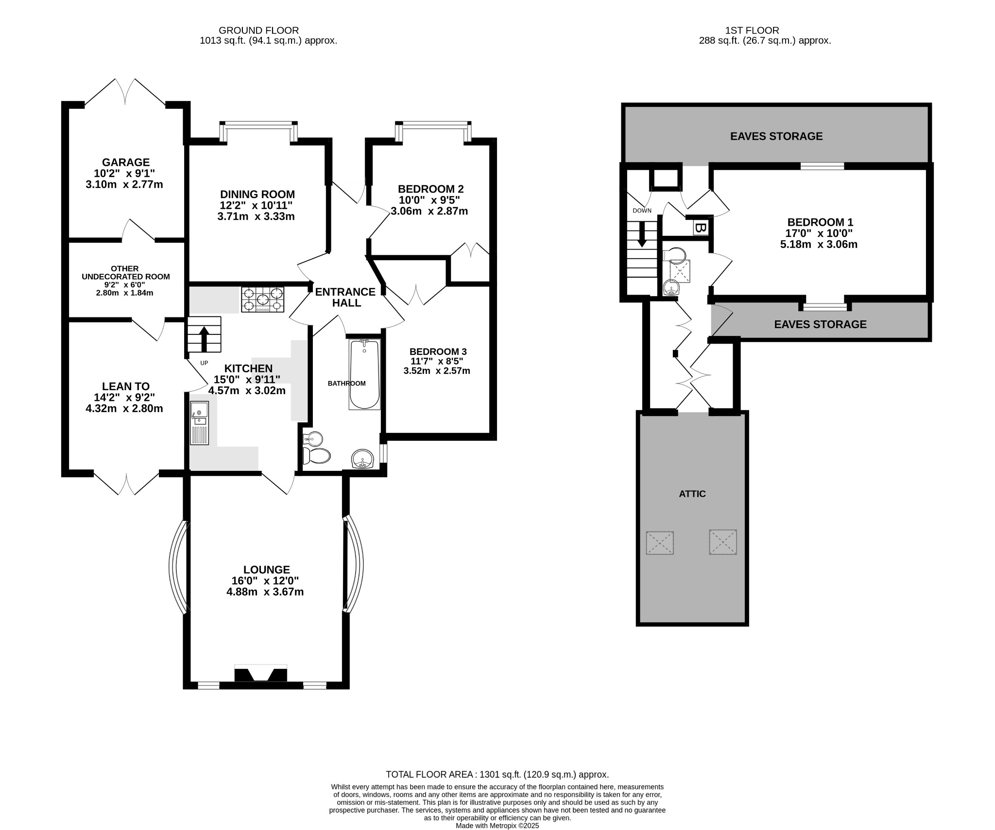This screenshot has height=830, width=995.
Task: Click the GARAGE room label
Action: click(x=126, y=163)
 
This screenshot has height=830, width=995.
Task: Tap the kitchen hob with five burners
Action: click(x=263, y=299)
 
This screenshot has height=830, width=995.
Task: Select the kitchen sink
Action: click(x=199, y=423)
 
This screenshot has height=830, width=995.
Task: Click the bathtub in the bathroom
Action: click(x=364, y=374)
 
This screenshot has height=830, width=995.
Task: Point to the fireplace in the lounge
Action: click(x=261, y=674)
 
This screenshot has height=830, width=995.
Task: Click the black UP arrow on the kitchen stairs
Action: click(x=204, y=339)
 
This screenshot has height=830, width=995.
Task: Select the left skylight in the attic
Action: click(x=660, y=543)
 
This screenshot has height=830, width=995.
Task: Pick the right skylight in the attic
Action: click(x=723, y=542)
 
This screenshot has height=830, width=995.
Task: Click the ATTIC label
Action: click(x=692, y=494)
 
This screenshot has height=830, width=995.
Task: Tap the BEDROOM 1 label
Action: click(x=820, y=222)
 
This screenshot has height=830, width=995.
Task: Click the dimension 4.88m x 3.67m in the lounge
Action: click(x=265, y=592)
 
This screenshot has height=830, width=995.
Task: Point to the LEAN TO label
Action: click(x=126, y=386)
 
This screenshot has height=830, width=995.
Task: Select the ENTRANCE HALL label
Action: click(x=345, y=297)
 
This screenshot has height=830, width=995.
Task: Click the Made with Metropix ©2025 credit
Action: click(x=497, y=825)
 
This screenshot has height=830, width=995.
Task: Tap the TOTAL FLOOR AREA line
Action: click(x=497, y=788)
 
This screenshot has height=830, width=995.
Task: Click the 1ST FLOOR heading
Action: click(x=765, y=31)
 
